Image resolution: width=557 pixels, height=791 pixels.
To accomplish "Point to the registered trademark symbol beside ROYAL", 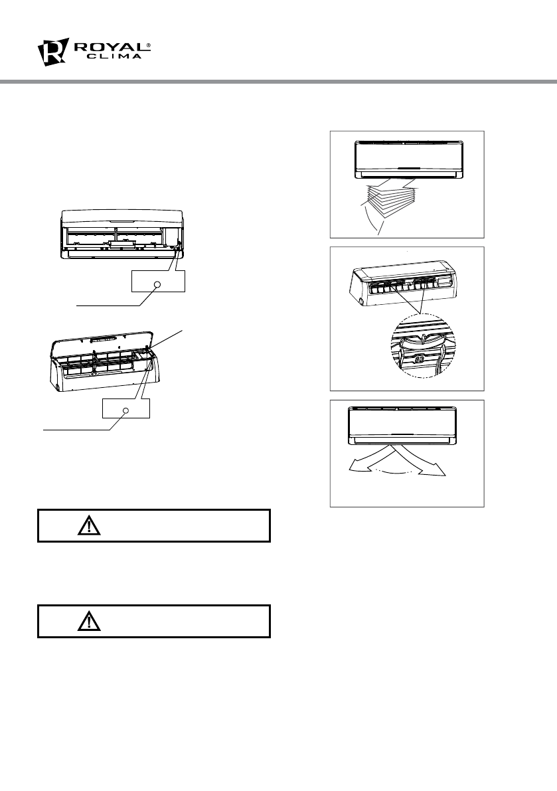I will click(148, 44).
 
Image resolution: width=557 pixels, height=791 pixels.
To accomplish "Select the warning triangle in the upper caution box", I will click(87, 526).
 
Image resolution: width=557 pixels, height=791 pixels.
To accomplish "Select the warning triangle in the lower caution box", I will click(87, 621).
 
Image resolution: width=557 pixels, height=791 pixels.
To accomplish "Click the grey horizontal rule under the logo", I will click(278, 82).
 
